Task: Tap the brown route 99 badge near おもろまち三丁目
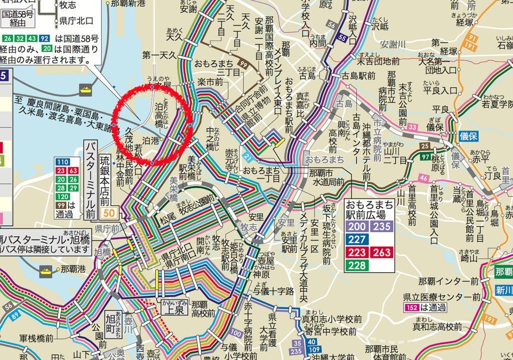coord(244,65)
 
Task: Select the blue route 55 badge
coord(342,37)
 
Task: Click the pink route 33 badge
coord(412,128)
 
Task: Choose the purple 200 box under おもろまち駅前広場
coord(357,226)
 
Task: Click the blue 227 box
coord(357,239)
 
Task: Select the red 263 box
coord(382,252)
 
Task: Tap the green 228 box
coord(357,265)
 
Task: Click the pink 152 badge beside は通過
coord(410,307)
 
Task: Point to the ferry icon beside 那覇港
coord(47,269)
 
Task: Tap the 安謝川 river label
coord(394,44)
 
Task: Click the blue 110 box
coord(63,162)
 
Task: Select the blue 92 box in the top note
coord(45,38)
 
